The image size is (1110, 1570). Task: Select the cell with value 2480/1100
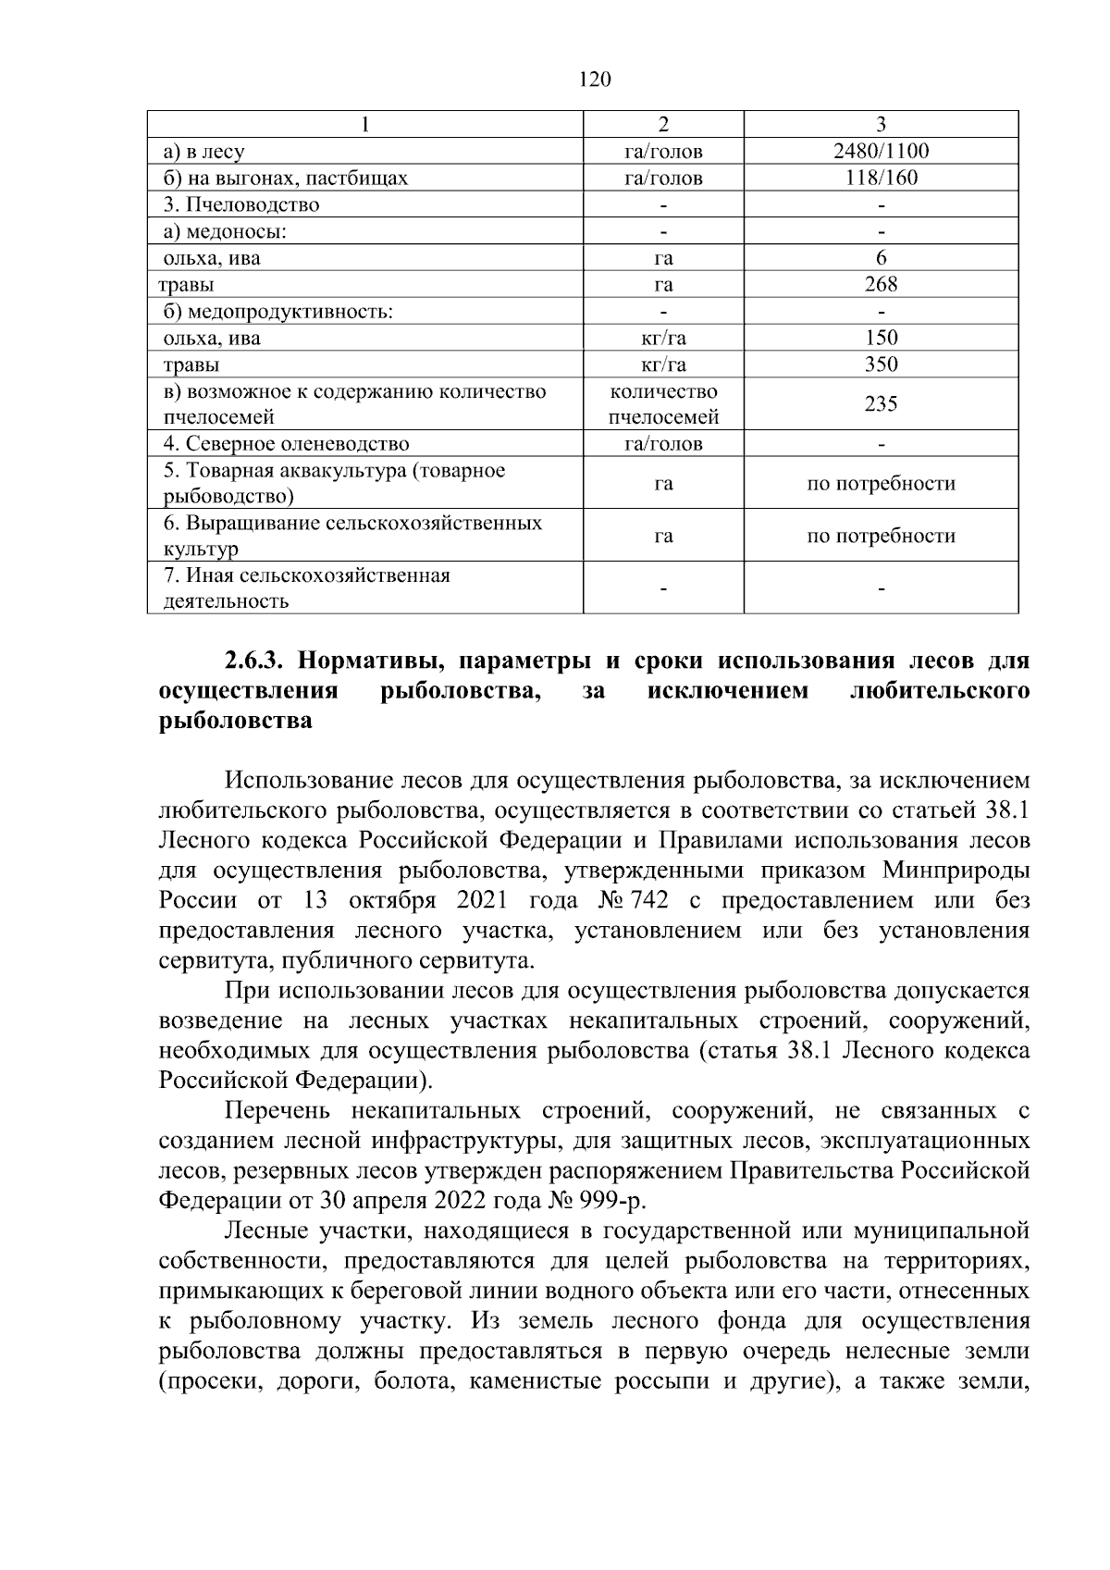click(x=881, y=152)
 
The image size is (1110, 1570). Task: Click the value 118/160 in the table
click(x=881, y=179)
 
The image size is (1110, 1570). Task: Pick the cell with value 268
click(x=881, y=284)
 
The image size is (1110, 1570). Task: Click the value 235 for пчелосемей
click(x=881, y=404)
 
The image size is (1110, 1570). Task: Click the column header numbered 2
click(x=662, y=125)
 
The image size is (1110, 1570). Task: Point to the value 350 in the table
click(x=881, y=365)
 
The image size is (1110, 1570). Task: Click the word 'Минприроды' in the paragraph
click(x=956, y=871)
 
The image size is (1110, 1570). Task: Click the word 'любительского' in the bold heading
click(x=939, y=691)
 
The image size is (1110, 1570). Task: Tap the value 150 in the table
click(x=881, y=338)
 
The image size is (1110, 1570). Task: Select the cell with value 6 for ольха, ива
click(x=881, y=258)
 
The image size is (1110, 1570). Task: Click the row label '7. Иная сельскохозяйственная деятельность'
click(x=306, y=588)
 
